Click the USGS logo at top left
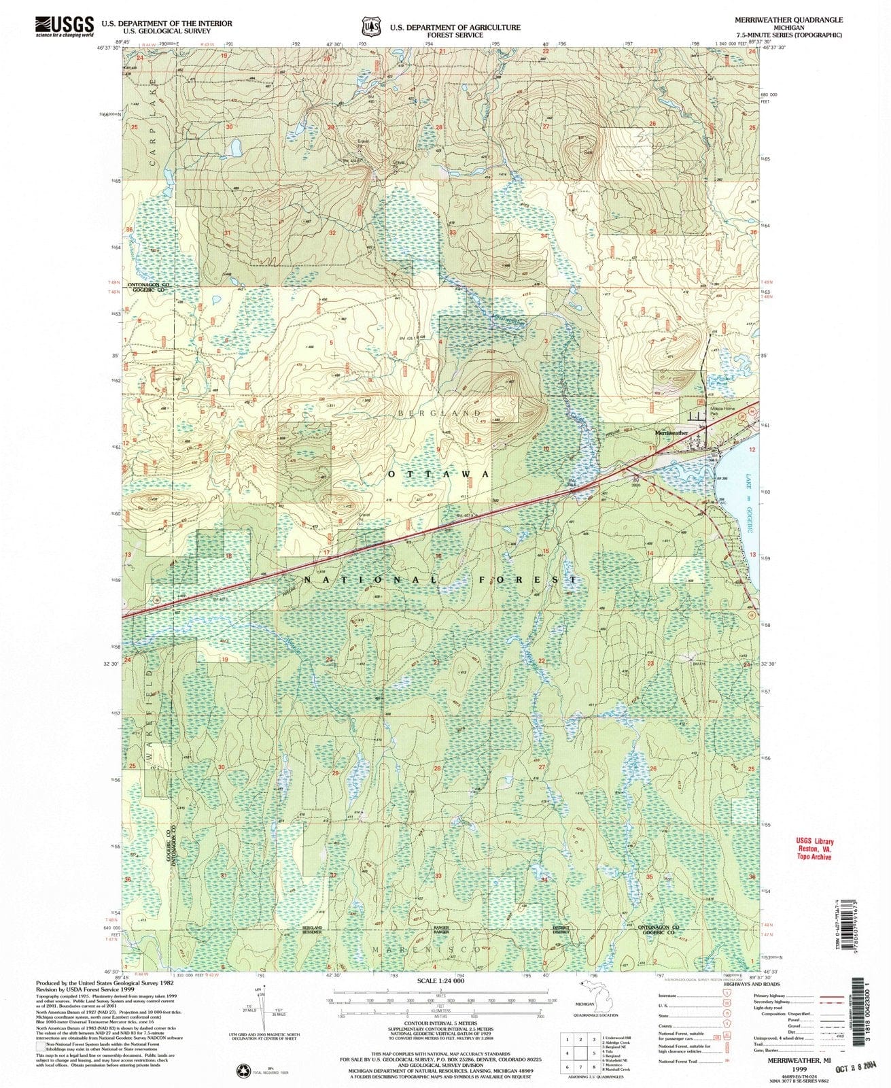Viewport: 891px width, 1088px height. pos(64,26)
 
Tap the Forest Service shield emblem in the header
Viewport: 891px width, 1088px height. pos(371,27)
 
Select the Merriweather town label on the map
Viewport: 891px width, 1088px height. pos(671,432)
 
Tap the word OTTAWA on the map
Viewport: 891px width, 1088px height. pos(439,474)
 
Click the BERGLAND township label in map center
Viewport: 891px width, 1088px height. pos(440,413)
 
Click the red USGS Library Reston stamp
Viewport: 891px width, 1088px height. pos(814,849)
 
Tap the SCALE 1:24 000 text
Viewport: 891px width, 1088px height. pos(440,981)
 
